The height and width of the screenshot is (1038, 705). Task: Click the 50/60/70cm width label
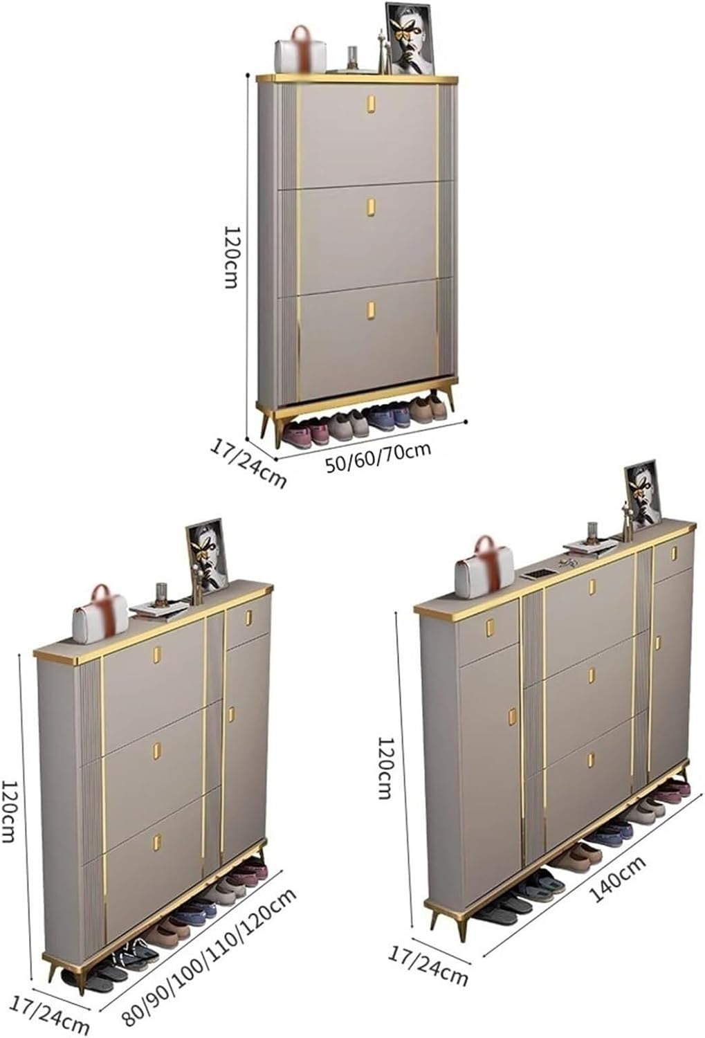coord(378,458)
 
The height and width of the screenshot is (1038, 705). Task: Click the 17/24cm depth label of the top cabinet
coord(248,464)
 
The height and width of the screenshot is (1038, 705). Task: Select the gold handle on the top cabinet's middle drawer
coord(370,207)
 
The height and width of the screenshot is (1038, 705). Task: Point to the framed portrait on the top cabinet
coord(410,39)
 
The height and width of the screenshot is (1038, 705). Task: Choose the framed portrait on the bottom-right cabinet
coord(641,495)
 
